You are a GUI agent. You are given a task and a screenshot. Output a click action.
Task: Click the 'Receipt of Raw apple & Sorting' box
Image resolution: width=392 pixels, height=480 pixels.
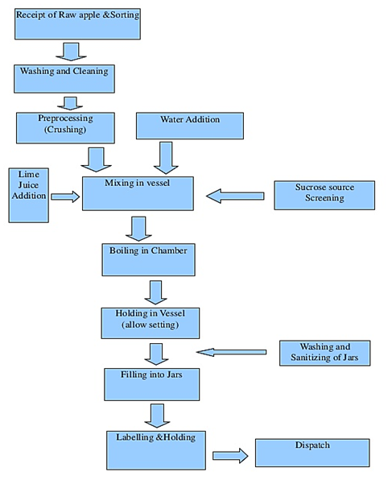tap(78, 24)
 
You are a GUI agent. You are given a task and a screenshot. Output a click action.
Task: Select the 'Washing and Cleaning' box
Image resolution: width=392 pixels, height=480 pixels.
tap(64, 79)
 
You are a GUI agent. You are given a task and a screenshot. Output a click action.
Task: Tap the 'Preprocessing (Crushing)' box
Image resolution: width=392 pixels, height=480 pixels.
tap(65, 128)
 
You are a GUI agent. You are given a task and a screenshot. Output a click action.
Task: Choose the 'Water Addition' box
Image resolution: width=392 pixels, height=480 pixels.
tap(190, 126)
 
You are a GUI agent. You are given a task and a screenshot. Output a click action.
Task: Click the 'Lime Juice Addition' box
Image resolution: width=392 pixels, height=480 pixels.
tap(29, 196)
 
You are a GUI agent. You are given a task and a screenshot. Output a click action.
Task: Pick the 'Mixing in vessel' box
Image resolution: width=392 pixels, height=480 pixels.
tap(138, 193)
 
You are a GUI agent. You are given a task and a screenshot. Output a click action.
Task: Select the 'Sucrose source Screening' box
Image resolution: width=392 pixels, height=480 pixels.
tap(324, 196)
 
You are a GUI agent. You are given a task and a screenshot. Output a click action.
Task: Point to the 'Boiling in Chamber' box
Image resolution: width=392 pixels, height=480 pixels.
tap(148, 260)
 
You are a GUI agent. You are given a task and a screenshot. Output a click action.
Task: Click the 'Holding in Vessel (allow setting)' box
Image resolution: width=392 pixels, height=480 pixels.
tap(151, 323)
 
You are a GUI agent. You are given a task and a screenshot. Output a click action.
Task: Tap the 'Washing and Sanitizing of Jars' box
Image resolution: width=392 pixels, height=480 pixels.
tap(324, 353)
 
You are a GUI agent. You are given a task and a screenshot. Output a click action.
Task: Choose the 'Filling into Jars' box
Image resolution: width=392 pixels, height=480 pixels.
tap(152, 384)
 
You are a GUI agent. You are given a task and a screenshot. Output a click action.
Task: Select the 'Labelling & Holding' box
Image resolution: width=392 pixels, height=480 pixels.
tap(156, 450)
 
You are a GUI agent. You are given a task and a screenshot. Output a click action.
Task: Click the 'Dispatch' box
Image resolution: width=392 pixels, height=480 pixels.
tap(312, 453)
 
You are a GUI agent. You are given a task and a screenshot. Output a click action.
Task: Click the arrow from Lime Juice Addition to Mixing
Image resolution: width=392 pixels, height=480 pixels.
tap(65, 197)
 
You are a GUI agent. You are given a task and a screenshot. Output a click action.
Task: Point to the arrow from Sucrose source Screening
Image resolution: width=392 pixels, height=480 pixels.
tap(235, 196)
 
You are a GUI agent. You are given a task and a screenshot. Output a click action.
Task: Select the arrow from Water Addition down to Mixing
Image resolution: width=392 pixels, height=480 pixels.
tap(166, 158)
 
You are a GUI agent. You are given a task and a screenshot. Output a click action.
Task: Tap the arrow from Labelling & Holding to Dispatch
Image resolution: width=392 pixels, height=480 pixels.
tap(230, 456)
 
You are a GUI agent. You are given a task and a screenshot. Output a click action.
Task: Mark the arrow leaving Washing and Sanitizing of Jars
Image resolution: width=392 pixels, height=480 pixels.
tap(231, 352)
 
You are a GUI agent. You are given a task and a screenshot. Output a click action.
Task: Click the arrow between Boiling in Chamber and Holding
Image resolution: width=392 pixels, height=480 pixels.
tap(156, 292)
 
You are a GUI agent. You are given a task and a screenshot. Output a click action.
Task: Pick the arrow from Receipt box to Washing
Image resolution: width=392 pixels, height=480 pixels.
tap(71, 52)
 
